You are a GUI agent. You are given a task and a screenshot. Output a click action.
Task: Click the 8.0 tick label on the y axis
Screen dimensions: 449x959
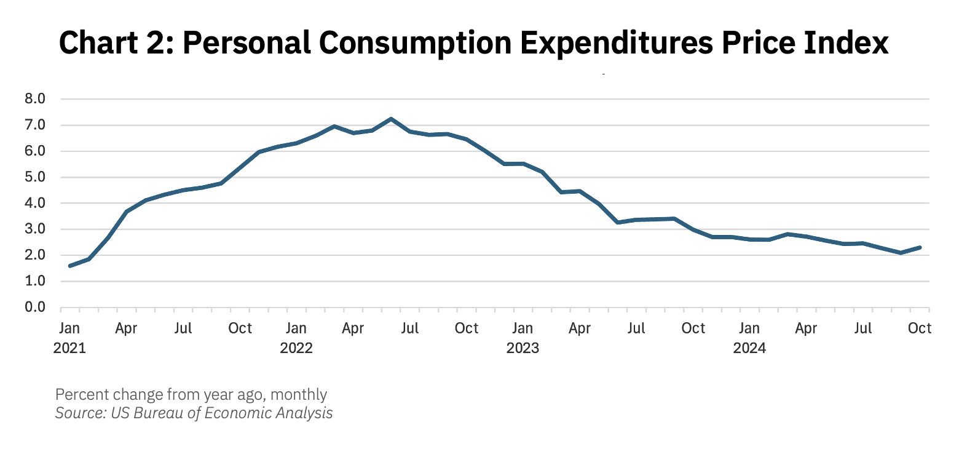(x=35, y=99)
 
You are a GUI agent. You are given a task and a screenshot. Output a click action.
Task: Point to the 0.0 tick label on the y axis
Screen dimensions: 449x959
(x=35, y=308)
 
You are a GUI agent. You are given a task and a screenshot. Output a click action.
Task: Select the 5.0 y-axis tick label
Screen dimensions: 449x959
(x=35, y=177)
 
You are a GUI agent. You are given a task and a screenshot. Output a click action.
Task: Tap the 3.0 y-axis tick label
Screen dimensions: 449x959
(x=35, y=229)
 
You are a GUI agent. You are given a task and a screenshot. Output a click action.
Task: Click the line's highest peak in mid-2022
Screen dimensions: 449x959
(x=391, y=119)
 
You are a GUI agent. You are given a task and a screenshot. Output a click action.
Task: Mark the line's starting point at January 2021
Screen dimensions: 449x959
(x=70, y=266)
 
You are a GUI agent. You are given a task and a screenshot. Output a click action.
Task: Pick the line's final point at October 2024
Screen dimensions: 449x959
(x=920, y=247)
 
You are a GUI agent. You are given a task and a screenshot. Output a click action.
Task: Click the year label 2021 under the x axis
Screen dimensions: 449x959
(x=69, y=348)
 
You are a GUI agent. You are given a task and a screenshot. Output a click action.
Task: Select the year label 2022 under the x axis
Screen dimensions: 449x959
(x=296, y=348)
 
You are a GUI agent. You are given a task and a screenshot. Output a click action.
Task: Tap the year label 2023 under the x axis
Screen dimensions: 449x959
(x=523, y=348)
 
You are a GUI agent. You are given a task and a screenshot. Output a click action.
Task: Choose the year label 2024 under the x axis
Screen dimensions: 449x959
(x=749, y=348)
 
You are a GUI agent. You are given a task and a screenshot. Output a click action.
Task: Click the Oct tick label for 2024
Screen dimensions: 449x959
(x=920, y=328)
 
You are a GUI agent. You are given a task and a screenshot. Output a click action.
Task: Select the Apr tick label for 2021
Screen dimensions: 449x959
(x=127, y=328)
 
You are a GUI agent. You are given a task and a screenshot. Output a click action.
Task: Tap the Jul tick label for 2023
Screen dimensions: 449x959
(x=636, y=328)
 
